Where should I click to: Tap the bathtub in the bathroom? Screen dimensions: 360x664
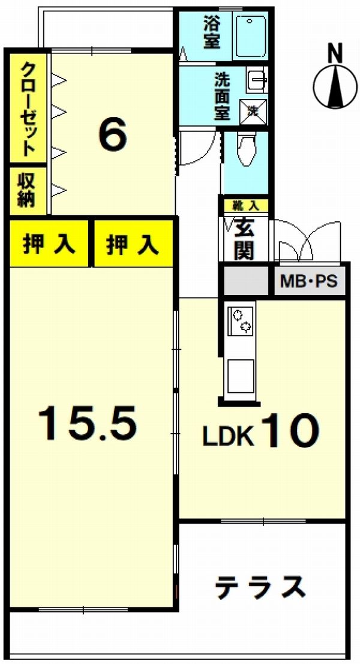click(x=251, y=37)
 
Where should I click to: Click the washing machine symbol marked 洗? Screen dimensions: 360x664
click(x=253, y=112)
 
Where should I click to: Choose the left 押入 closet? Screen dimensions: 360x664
click(x=49, y=244)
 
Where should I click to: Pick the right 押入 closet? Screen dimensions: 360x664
click(x=133, y=244)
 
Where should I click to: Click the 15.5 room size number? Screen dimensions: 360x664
click(x=88, y=422)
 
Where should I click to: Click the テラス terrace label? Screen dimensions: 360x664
click(x=260, y=587)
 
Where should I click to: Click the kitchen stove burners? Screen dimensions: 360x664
click(x=241, y=320)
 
